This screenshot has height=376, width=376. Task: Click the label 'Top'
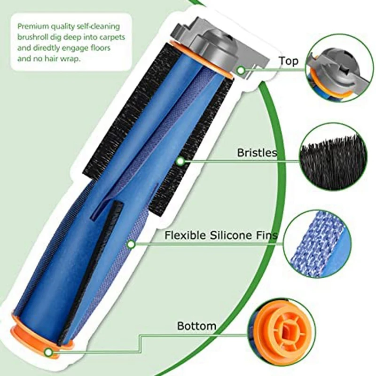click(x=288, y=61)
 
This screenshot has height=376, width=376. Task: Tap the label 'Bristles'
click(x=257, y=153)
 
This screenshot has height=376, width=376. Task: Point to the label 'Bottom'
click(x=196, y=325)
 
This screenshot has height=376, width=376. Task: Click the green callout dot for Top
click(x=241, y=70)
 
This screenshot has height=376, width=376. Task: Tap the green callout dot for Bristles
click(x=180, y=162)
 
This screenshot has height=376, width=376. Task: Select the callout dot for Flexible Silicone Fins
click(x=131, y=244)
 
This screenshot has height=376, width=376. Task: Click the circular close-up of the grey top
click(x=335, y=70)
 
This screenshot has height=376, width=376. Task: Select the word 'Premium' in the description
click(x=32, y=26)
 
